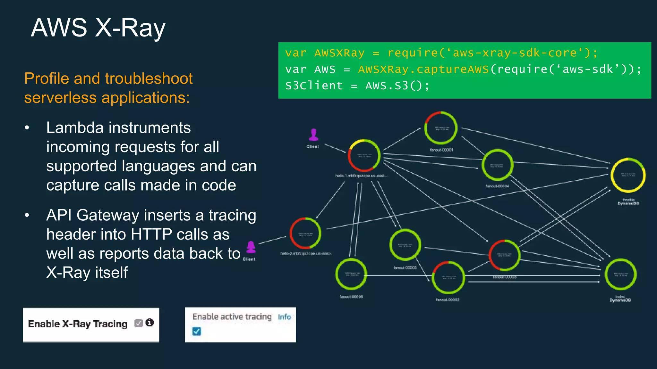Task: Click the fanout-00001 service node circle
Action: point(441,128)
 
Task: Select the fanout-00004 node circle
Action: point(497,165)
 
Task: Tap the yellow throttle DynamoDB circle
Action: point(628,175)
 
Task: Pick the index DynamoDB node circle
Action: point(620,275)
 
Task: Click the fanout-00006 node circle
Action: point(351,275)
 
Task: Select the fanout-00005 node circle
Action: point(405,245)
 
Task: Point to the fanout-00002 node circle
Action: point(448,278)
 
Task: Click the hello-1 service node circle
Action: point(364,156)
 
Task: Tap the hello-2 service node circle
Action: point(305,234)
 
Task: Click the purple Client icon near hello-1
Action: point(313,135)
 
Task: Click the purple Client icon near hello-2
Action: point(251,247)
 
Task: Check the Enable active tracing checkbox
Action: point(197,331)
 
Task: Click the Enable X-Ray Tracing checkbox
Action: point(139,323)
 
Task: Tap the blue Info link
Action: point(284,317)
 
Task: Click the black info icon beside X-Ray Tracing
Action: point(149,323)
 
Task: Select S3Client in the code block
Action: point(314,86)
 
